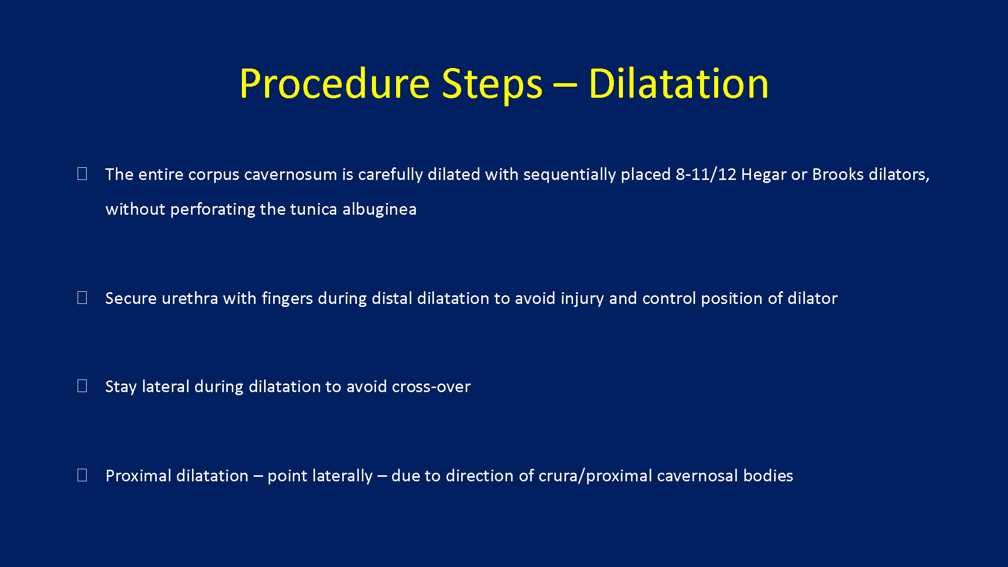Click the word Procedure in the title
click(x=335, y=84)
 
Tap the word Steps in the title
click(x=492, y=84)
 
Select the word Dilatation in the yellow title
click(x=678, y=83)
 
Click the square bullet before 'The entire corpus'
click(x=82, y=174)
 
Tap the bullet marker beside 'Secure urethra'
click(x=82, y=298)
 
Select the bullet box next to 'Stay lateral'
click(x=82, y=386)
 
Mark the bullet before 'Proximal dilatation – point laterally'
click(x=82, y=475)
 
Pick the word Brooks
click(x=838, y=174)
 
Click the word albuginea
click(x=380, y=209)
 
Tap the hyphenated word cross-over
click(x=431, y=387)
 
